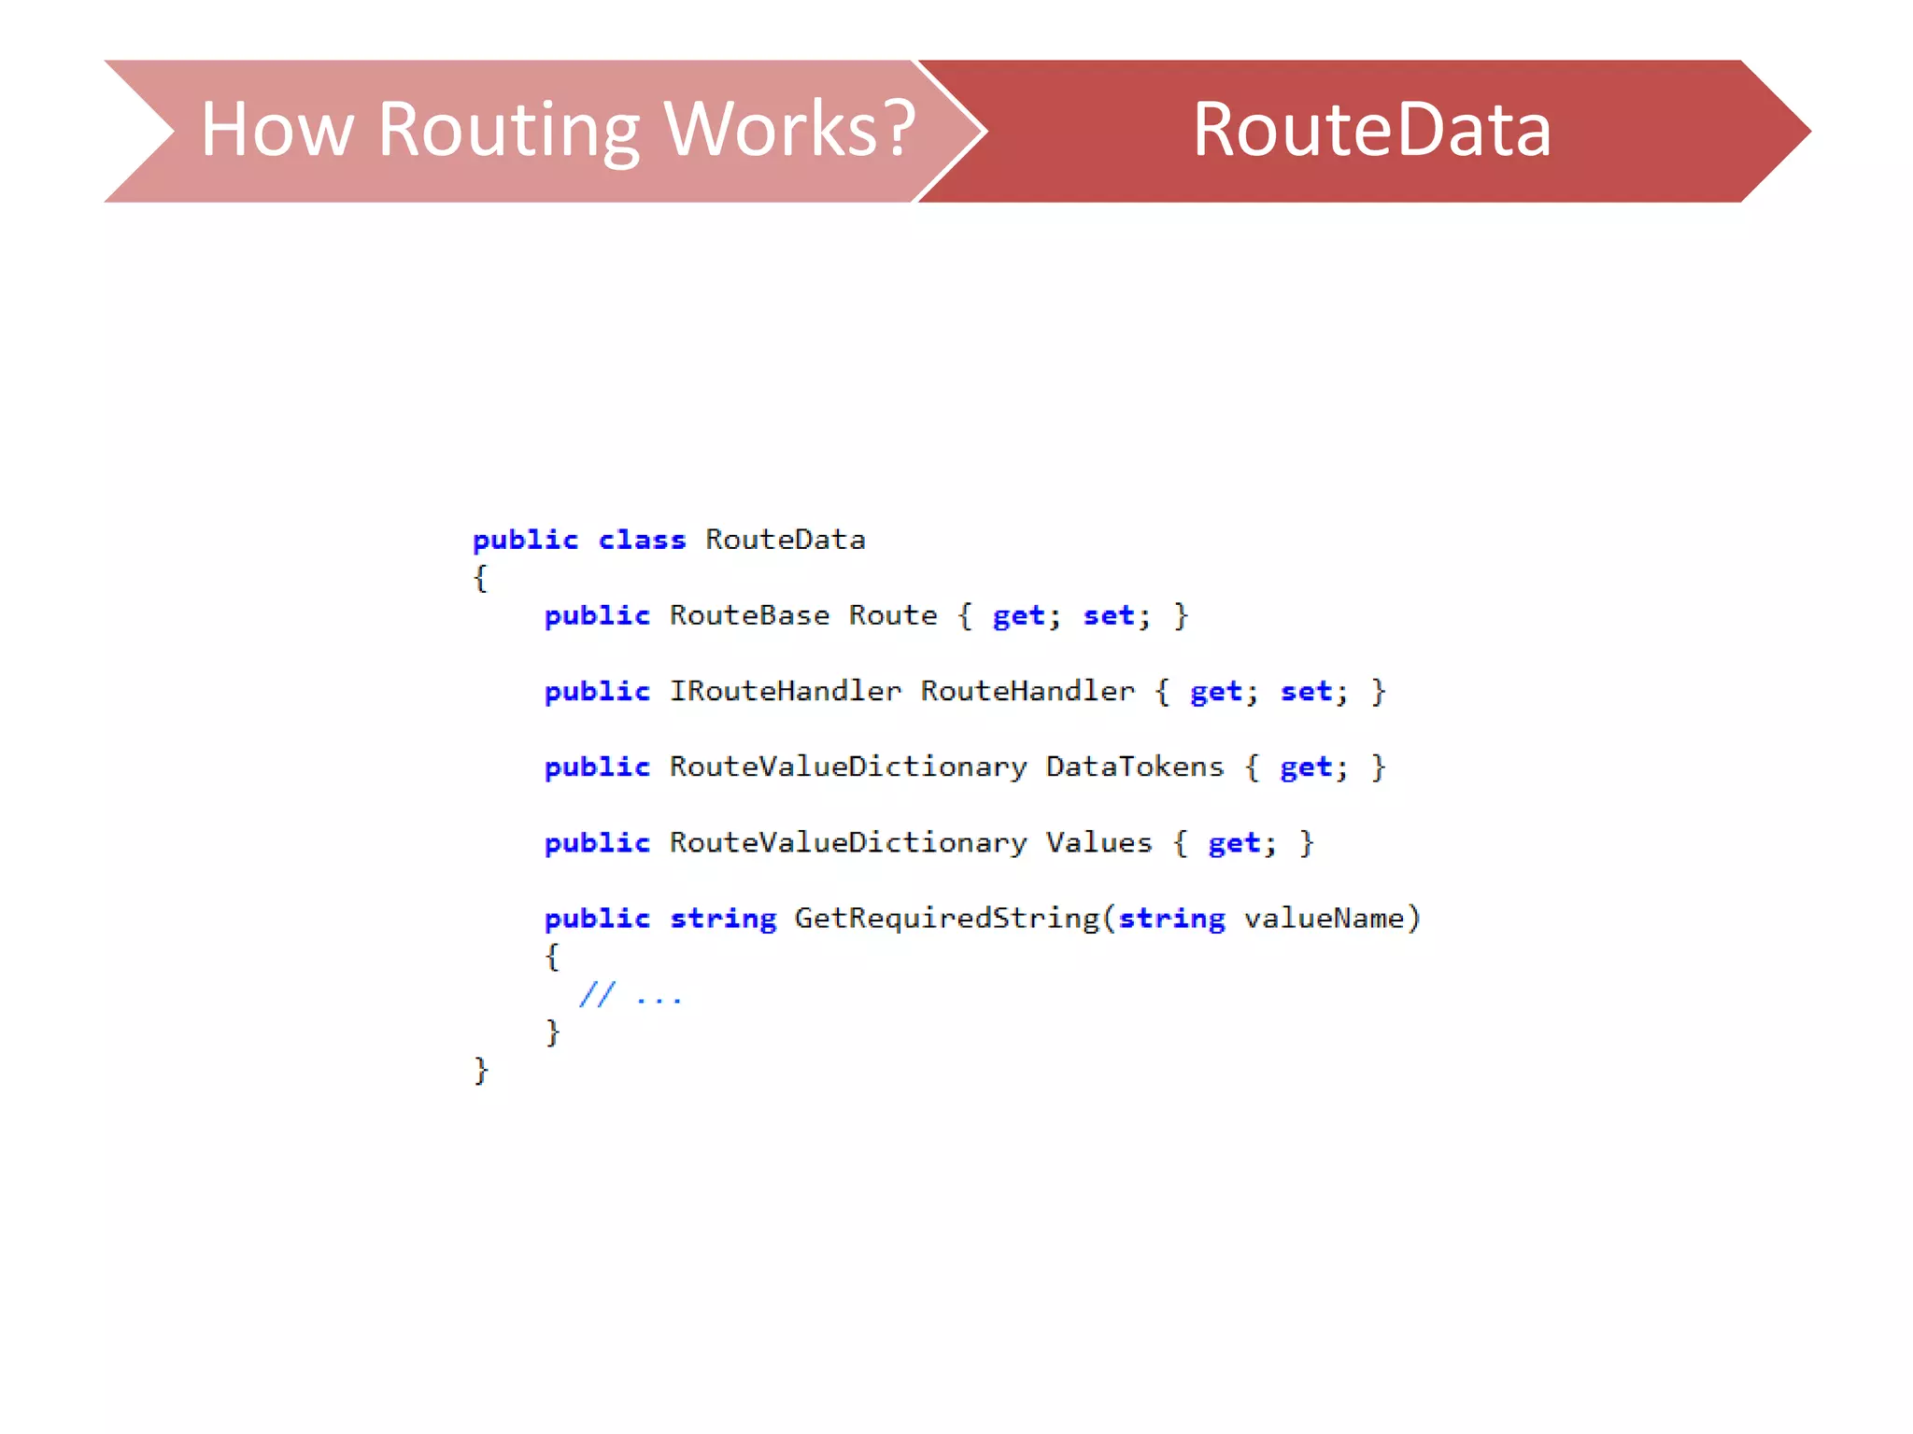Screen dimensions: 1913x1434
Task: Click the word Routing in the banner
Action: pyautogui.click(x=509, y=131)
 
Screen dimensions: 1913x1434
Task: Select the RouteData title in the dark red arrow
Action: pyautogui.click(x=1371, y=130)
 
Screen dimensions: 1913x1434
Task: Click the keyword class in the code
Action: pyautogui.click(x=642, y=541)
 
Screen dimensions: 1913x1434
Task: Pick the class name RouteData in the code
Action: pyautogui.click(x=786, y=540)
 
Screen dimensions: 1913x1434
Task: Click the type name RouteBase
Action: pyautogui.click(x=749, y=616)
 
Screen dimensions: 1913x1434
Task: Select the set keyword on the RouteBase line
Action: pyautogui.click(x=1109, y=616)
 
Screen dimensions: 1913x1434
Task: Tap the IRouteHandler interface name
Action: pyautogui.click(x=786, y=692)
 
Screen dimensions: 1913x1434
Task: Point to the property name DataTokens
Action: pyautogui.click(x=1134, y=767)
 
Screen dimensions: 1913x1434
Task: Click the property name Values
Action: pyautogui.click(x=1098, y=843)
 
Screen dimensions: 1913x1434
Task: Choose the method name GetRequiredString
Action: pyautogui.click(x=947, y=919)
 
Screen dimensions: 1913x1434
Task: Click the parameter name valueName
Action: pyautogui.click(x=1324, y=919)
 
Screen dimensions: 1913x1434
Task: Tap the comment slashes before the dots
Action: pyautogui.click(x=597, y=994)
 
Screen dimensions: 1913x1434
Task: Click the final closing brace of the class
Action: pyautogui.click(x=481, y=1070)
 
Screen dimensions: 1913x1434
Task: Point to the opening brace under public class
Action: pyautogui.click(x=480, y=579)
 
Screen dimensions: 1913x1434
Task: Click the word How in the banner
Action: pyautogui.click(x=277, y=130)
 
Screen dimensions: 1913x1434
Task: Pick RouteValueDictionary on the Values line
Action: pyautogui.click(x=848, y=843)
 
